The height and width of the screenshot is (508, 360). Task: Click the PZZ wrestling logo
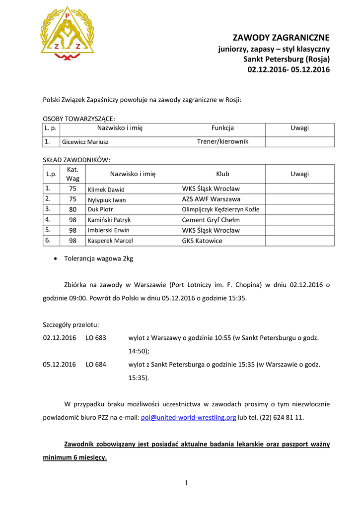click(x=67, y=34)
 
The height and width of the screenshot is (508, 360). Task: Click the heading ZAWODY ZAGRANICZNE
click(x=281, y=38)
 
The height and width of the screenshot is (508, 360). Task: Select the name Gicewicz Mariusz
click(x=85, y=142)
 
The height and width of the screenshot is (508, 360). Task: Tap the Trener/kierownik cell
click(x=222, y=141)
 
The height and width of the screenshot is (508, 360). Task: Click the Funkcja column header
click(x=222, y=128)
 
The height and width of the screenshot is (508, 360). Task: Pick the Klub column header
click(x=222, y=174)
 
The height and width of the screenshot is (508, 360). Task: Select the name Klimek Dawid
click(x=106, y=190)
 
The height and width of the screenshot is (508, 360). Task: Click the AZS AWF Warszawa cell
click(x=211, y=199)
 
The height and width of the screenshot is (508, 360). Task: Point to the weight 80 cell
click(x=72, y=209)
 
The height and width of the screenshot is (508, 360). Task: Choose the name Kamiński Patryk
click(x=109, y=220)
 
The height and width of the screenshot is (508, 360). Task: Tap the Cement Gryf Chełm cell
click(x=211, y=220)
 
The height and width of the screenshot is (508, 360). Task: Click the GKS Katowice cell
click(x=202, y=241)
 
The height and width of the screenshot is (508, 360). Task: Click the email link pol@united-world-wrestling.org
click(x=188, y=418)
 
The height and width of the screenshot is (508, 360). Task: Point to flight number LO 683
click(x=95, y=338)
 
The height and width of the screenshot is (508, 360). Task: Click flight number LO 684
click(x=95, y=364)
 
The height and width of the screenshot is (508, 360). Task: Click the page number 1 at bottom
click(x=186, y=484)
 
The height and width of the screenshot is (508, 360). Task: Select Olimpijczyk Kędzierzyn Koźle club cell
click(x=220, y=209)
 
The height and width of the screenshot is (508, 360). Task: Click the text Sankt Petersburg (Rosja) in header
click(x=287, y=59)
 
